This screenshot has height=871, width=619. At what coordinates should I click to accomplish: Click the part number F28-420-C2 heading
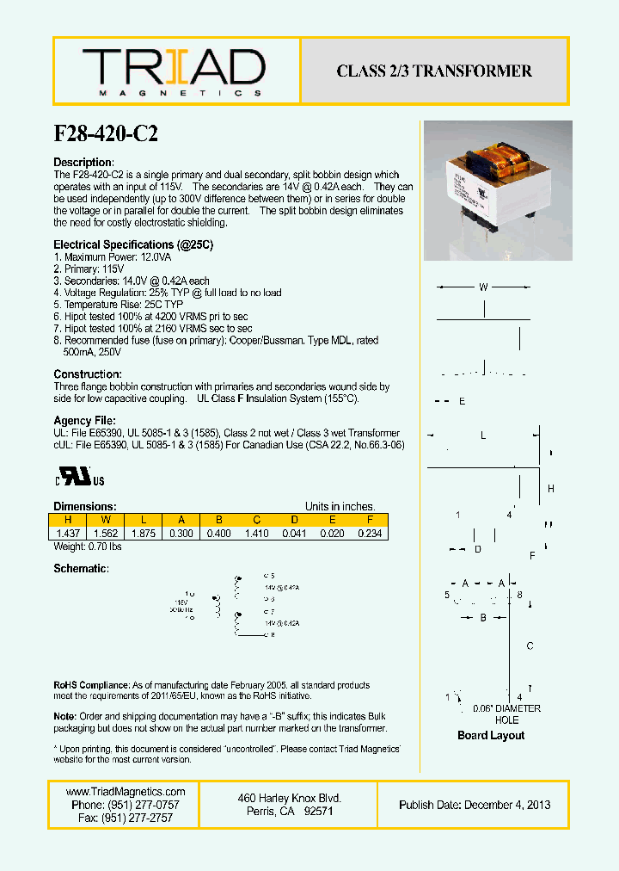point(106,133)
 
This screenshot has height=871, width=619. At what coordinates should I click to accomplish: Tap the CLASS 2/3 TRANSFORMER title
point(434,71)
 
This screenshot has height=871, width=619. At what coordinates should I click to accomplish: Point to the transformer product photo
point(498,190)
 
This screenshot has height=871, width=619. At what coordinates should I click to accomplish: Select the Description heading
point(83,163)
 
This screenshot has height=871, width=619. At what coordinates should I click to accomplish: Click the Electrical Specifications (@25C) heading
point(133,245)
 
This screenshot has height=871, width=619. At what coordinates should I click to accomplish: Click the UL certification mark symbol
point(81,479)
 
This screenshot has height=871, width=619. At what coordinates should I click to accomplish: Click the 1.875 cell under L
point(143,534)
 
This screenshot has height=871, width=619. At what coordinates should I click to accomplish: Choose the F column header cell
point(370,520)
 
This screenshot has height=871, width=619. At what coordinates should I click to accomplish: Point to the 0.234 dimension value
point(370,534)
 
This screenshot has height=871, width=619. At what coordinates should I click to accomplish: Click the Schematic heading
point(81,569)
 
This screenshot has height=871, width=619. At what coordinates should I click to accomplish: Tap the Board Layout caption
point(491,736)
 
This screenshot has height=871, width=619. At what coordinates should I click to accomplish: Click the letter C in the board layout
point(530,646)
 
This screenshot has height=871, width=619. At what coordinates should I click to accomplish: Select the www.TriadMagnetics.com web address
point(126,792)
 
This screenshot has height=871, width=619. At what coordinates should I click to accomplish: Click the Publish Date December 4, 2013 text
point(475,805)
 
